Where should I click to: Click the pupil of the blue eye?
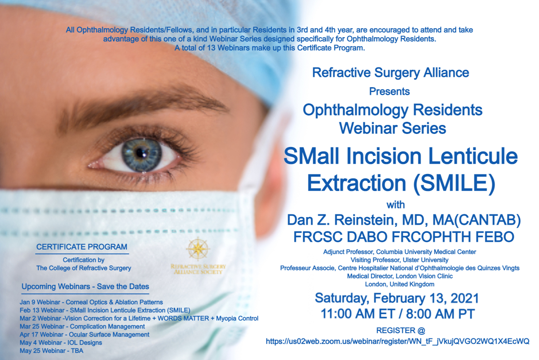tap(140, 153)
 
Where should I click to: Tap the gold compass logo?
tap(198, 249)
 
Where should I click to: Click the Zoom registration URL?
tap(398, 341)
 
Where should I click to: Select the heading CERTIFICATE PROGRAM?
tap(82, 247)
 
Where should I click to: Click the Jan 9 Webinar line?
tap(91, 302)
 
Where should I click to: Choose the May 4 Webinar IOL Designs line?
tap(61, 342)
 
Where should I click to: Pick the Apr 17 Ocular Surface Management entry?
tap(84, 334)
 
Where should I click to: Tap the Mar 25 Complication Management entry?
tap(82, 326)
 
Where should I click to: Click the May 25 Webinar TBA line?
tap(52, 351)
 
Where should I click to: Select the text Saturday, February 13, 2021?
tap(397, 298)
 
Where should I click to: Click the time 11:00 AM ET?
tap(358, 314)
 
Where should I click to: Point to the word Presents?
tap(389, 92)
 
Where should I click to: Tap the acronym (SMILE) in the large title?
tap(454, 183)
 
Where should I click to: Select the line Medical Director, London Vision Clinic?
tap(400, 276)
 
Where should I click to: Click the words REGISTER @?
tap(401, 330)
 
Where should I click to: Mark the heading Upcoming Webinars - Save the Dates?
tap(85, 287)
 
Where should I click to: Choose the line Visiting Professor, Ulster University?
tap(399, 260)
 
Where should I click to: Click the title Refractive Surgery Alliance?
tap(390, 73)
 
